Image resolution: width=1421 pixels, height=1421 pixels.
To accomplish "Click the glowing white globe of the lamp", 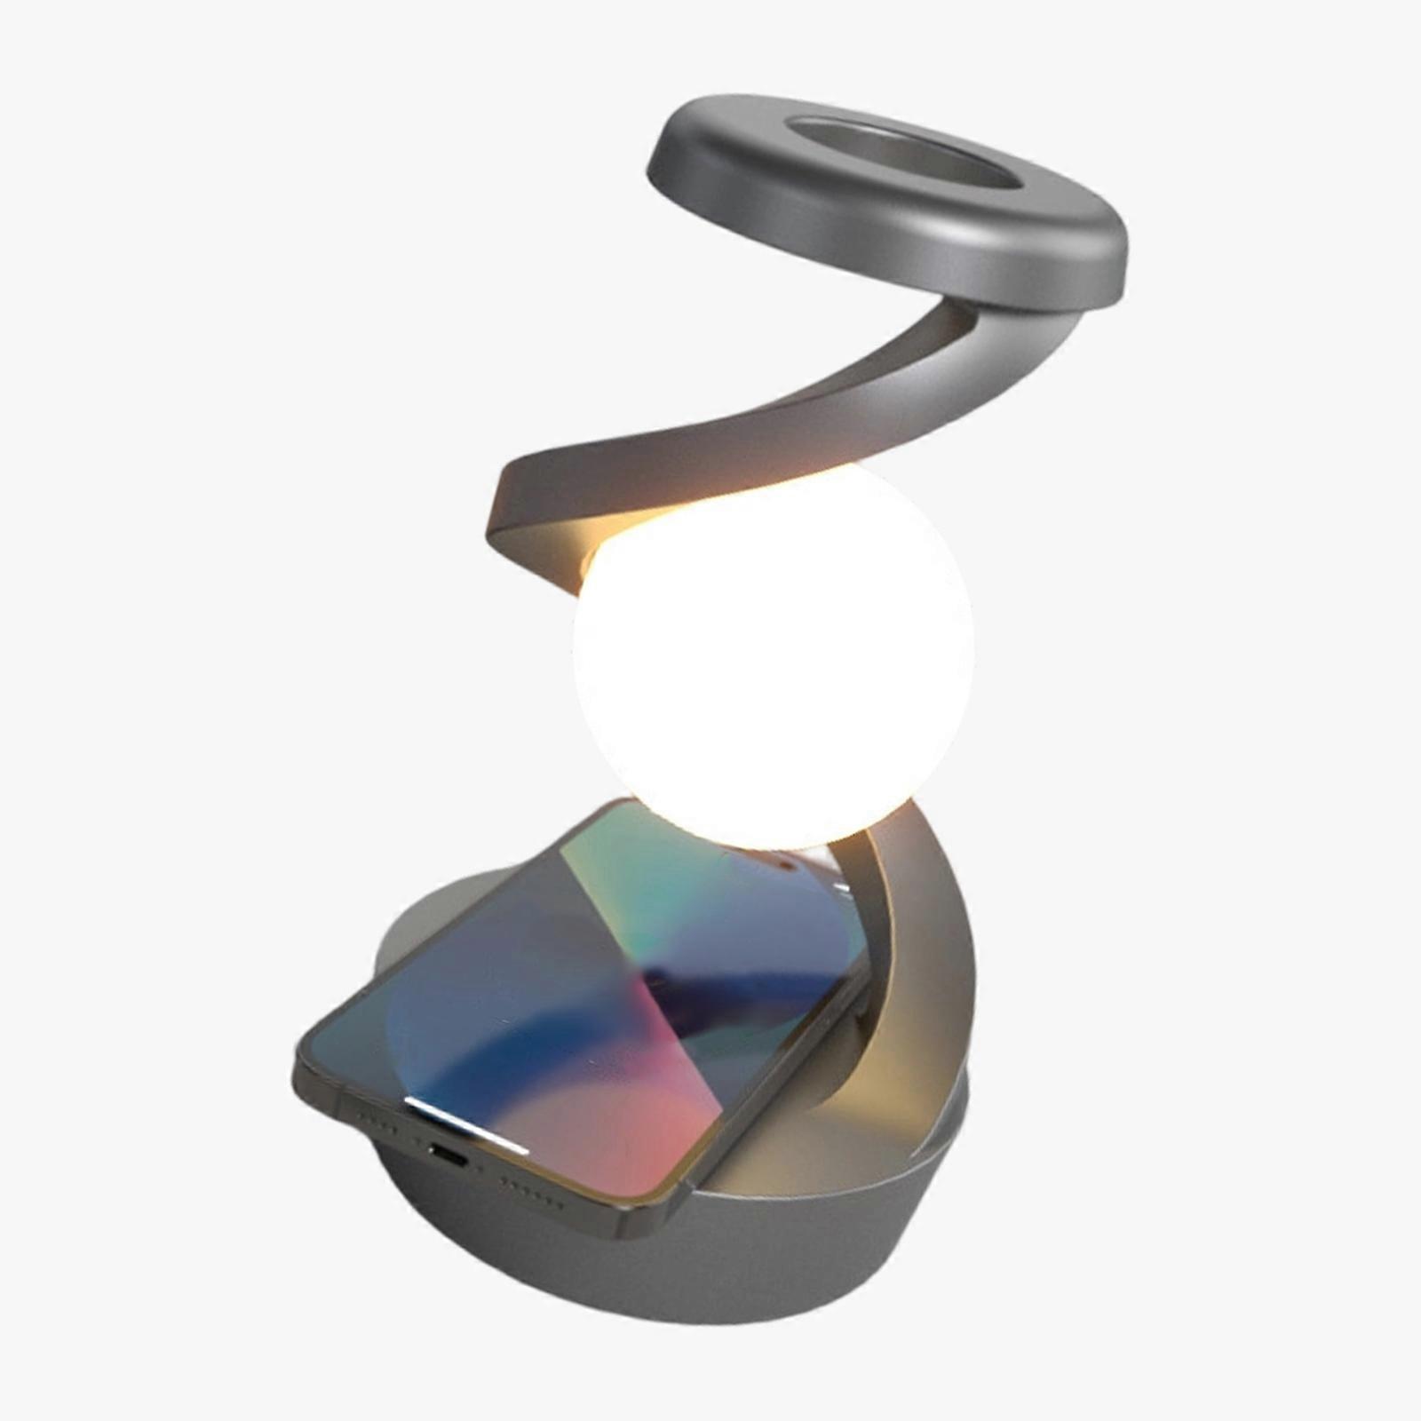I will tap(773, 657).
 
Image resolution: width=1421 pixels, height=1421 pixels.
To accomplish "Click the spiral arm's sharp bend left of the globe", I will tap(506, 524).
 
